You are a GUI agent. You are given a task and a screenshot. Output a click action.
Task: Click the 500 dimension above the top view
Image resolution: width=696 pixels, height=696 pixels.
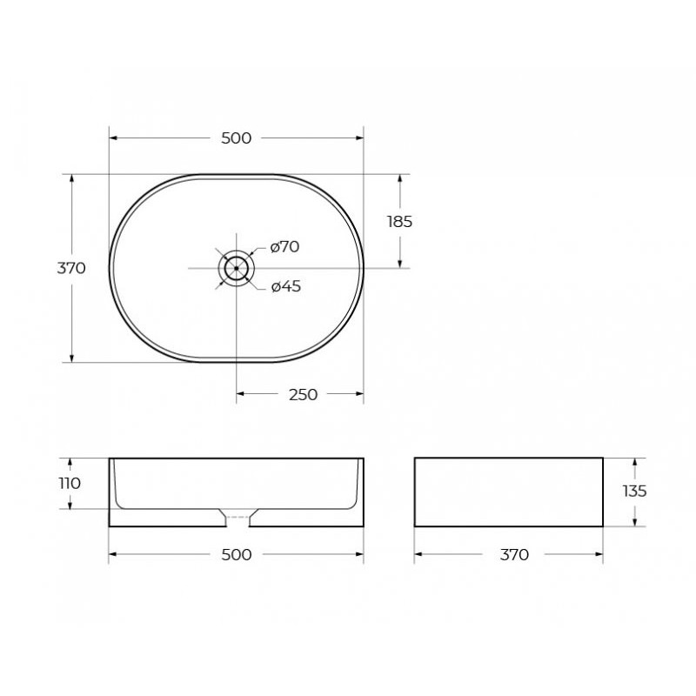[x=236, y=138]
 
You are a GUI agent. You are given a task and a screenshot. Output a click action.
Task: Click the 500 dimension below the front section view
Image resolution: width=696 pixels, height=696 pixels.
[x=236, y=554]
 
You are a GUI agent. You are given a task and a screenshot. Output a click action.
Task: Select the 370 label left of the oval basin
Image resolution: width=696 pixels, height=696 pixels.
[x=71, y=268]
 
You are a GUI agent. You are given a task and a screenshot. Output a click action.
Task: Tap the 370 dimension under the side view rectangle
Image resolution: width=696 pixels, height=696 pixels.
[x=514, y=554]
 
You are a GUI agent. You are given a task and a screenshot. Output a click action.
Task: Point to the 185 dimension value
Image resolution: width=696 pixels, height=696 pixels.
[x=400, y=222]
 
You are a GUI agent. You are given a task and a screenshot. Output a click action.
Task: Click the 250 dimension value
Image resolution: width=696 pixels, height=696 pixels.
[x=303, y=394]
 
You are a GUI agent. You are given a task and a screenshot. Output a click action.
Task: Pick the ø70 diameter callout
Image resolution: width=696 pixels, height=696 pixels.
[x=285, y=246]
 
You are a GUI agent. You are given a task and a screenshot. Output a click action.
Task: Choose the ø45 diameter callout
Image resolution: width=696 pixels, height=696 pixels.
[x=286, y=286]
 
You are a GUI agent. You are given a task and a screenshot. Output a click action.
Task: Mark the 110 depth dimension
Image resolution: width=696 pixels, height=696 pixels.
[x=70, y=483]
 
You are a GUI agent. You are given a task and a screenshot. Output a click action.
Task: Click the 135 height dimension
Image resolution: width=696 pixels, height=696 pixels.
[x=635, y=492]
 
